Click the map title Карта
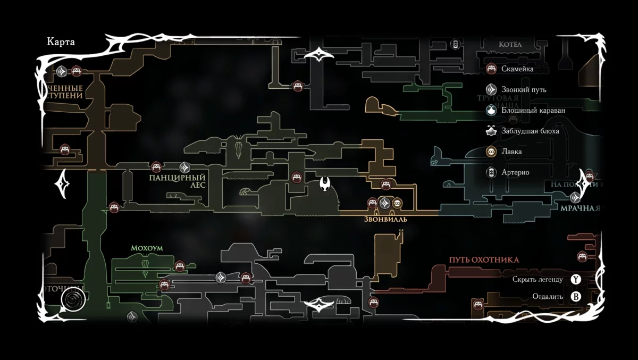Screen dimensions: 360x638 point(61,43)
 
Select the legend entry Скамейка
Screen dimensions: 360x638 point(517,69)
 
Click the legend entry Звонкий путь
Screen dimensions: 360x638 point(523,89)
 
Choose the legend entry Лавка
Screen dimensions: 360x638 point(511,152)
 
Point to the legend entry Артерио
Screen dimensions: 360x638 point(515,172)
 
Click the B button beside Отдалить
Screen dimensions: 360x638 point(576,297)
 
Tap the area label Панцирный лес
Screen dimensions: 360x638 point(170,181)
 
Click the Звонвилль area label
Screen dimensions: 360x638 point(386,219)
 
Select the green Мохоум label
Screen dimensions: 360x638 point(147,248)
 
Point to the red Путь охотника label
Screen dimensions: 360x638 point(484,260)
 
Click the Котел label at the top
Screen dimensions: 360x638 point(510,44)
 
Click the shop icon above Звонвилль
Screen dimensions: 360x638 point(397,203)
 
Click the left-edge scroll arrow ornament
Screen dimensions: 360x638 point(62,184)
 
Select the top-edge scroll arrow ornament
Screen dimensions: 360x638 point(318,55)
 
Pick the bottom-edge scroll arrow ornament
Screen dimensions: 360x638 point(318,305)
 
